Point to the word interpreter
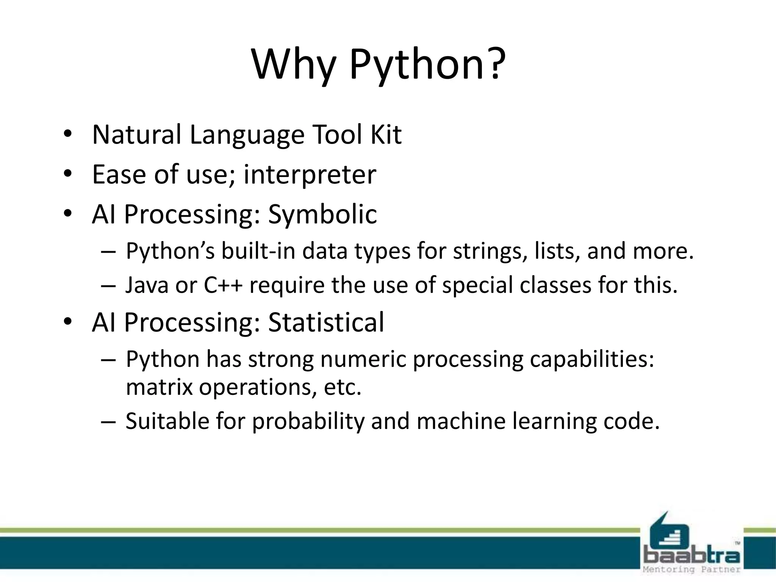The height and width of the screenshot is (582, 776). (310, 175)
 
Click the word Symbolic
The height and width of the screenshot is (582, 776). (322, 215)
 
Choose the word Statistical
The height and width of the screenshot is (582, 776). (326, 322)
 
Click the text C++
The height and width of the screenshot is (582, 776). (223, 285)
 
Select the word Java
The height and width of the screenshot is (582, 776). (147, 285)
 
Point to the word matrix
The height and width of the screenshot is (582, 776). (159, 387)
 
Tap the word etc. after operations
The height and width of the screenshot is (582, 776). (343, 387)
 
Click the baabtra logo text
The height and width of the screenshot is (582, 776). (692, 557)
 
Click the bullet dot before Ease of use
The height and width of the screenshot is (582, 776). (68, 174)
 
